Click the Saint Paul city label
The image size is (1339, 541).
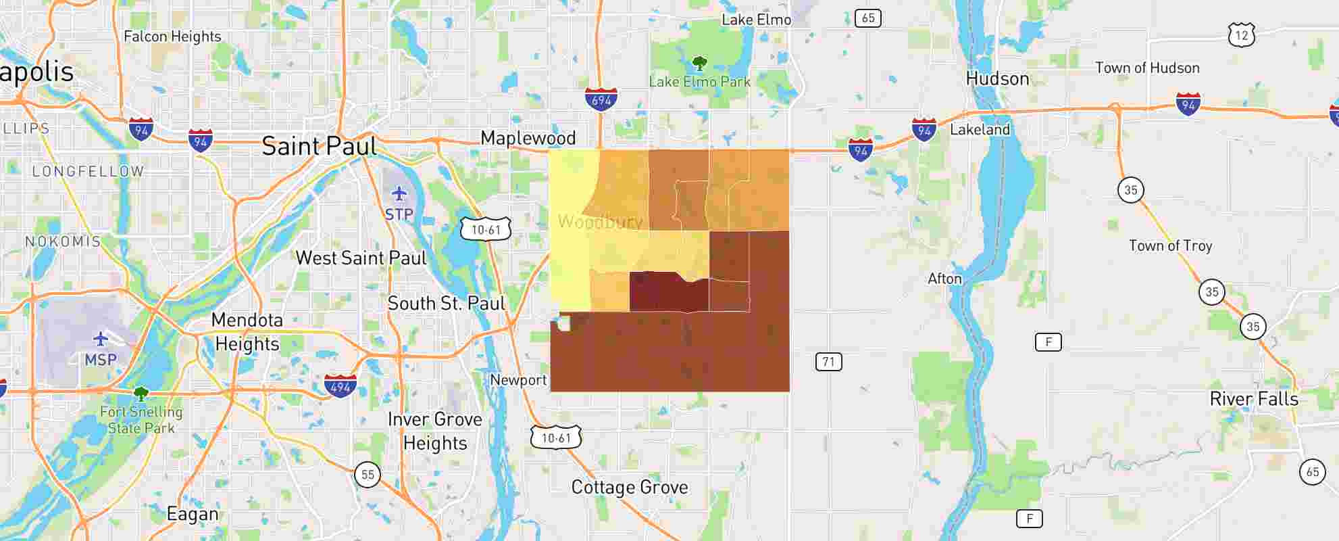coord(319,146)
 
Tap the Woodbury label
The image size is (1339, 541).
coord(600,221)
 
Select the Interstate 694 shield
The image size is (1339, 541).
coord(601,99)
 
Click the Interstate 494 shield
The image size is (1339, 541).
coord(340,386)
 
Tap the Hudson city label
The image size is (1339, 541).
coord(997,78)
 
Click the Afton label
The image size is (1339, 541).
coord(944,279)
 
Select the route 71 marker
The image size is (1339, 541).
coord(828,362)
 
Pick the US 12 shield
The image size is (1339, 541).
coord(1241,34)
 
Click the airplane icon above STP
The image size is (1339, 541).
coord(399,194)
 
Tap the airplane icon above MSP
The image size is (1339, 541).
coord(101,339)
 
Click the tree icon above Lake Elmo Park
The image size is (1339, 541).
coord(699,64)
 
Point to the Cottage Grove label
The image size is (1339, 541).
coord(630,487)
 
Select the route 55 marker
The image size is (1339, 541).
coord(368,474)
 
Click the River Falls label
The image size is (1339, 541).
coord(1254,399)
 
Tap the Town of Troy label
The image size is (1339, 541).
coord(1170,245)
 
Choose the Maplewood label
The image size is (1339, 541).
coord(528,138)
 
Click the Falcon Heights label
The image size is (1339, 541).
coord(172,37)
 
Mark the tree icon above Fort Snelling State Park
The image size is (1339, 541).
coord(141,394)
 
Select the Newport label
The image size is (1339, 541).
coord(518,380)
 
